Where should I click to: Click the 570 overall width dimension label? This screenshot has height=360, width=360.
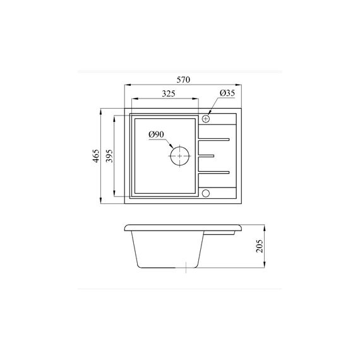[183, 80]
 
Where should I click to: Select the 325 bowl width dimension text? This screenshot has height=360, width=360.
[169, 93]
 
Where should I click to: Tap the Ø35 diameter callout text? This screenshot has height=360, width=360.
[227, 93]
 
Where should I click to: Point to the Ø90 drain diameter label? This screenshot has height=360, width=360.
[157, 135]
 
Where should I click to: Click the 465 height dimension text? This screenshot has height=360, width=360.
[96, 156]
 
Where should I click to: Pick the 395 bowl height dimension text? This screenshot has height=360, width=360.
[109, 156]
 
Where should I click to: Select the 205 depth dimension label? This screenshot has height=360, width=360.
[260, 246]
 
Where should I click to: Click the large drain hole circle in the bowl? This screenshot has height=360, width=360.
[170, 156]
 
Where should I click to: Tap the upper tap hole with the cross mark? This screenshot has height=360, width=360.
[206, 119]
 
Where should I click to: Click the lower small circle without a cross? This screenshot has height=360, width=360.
[206, 193]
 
